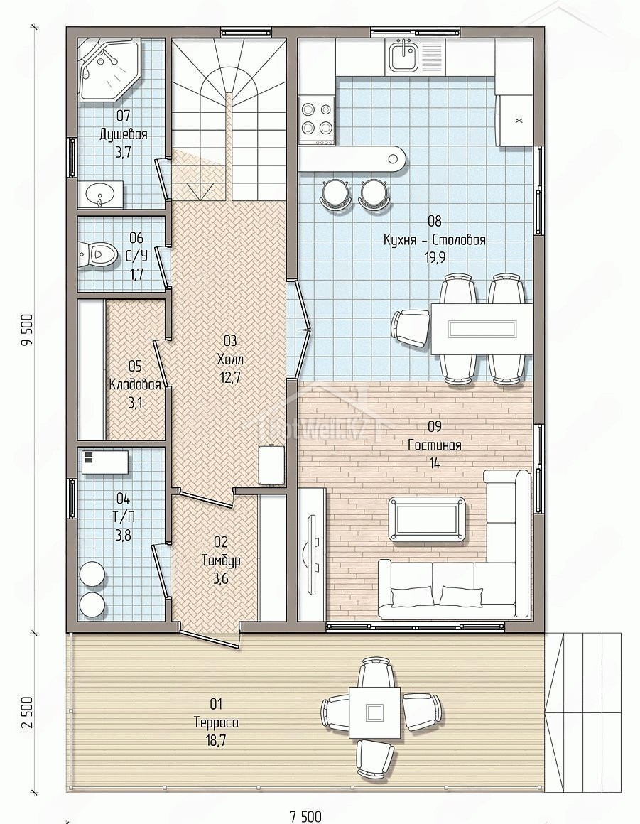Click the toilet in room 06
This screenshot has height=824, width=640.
(x=97, y=254)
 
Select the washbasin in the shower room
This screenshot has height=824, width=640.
(x=102, y=194)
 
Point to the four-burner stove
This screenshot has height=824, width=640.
(x=317, y=120)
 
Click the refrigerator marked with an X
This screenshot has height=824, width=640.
(x=516, y=120)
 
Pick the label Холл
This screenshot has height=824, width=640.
(x=230, y=360)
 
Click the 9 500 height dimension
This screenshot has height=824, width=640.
(x=27, y=330)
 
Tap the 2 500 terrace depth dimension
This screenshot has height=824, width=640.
(x=27, y=712)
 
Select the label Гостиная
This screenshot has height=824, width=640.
(x=435, y=445)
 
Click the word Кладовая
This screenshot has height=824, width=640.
(x=134, y=385)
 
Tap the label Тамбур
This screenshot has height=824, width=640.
(x=221, y=560)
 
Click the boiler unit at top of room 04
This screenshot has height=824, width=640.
(x=105, y=462)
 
